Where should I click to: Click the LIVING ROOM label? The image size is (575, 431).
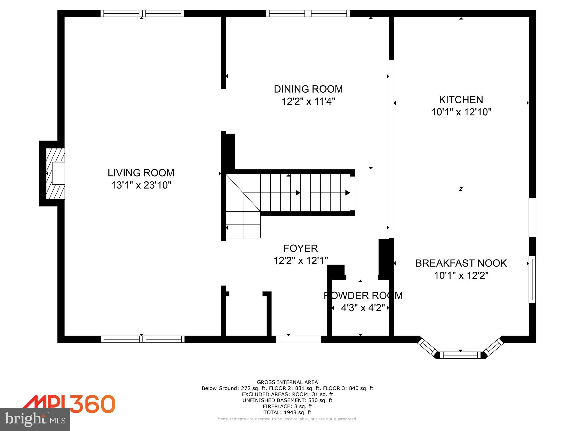[x=141, y=173]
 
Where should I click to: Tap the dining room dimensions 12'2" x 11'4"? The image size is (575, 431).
[x=308, y=101]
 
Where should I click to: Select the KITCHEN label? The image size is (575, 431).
[x=461, y=100]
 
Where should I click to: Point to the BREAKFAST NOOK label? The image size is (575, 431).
[x=461, y=263]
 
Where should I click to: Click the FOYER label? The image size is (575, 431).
[x=300, y=248]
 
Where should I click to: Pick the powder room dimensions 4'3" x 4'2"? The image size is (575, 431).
[x=362, y=308]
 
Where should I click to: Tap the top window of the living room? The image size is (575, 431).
[x=142, y=13]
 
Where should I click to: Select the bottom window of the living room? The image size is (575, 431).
[x=143, y=339]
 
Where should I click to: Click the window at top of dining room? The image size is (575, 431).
[x=308, y=13]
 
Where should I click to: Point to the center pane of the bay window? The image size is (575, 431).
[x=460, y=355]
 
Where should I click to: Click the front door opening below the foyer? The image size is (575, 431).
[x=298, y=339]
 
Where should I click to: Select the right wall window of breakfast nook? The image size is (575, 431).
[x=532, y=279]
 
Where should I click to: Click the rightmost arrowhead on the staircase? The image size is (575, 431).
[x=348, y=193]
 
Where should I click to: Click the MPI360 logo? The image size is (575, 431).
[x=69, y=404]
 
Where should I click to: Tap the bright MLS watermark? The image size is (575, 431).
[x=35, y=419]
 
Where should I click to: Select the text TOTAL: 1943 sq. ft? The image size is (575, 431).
[x=287, y=412]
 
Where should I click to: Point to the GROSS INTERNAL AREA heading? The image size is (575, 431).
[x=287, y=382]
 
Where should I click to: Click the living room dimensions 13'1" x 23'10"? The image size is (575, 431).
[x=141, y=185]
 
